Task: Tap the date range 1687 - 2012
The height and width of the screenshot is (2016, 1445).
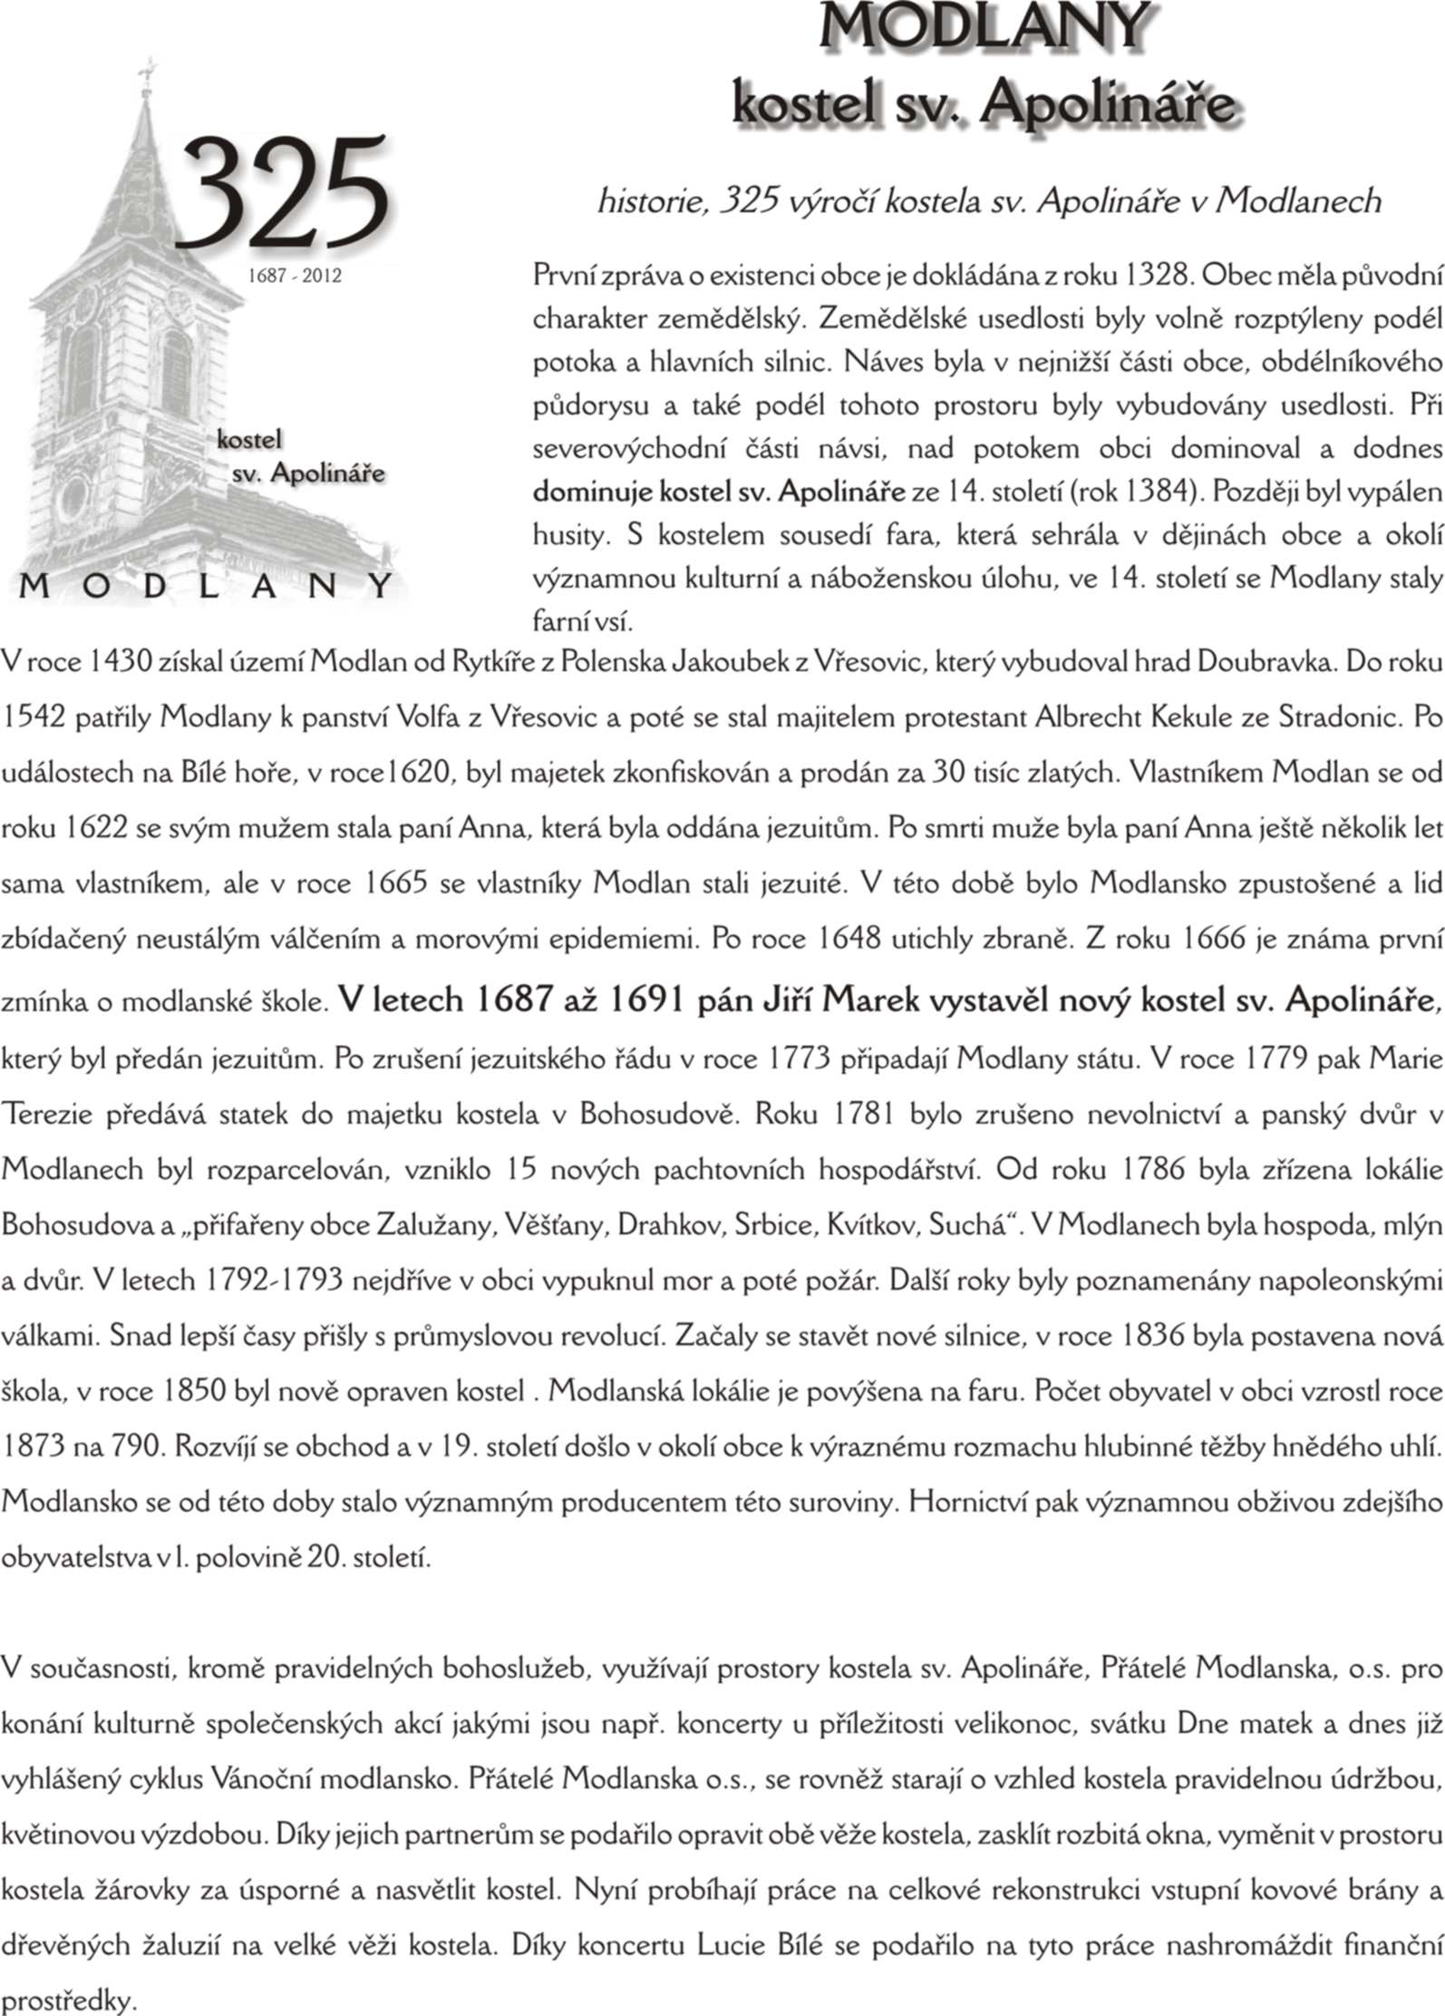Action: pos(295,276)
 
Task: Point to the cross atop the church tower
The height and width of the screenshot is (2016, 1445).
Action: pos(146,70)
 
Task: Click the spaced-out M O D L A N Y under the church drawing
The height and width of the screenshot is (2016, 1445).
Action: pos(207,586)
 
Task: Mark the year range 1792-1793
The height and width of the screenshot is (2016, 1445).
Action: pos(274,1280)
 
